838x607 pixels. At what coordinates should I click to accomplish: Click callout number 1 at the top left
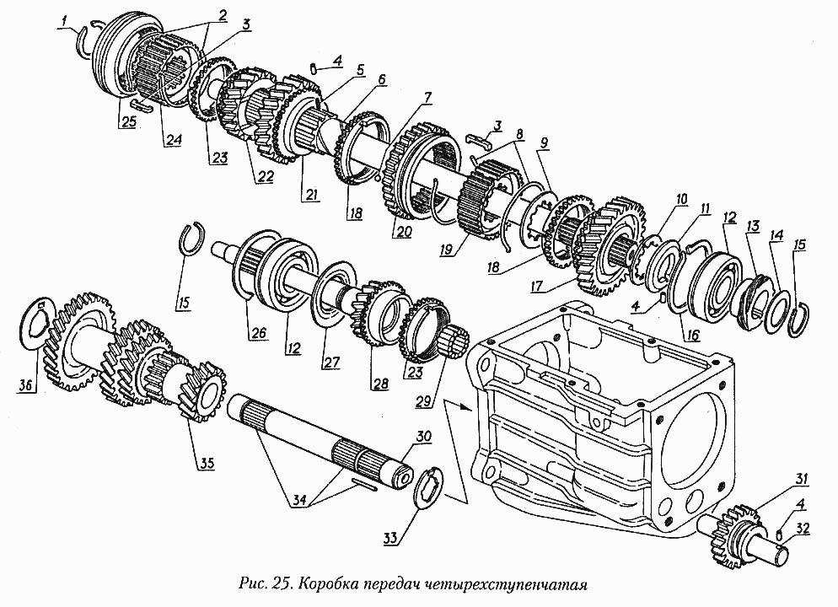click(x=64, y=21)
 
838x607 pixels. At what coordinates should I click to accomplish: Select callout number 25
click(x=128, y=121)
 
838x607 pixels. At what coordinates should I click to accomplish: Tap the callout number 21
click(x=310, y=195)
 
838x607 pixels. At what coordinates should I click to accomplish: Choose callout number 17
click(x=536, y=287)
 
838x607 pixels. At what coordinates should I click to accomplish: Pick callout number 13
click(x=753, y=227)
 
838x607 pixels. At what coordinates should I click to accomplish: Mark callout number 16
click(x=692, y=335)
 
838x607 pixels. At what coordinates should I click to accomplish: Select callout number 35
click(x=207, y=464)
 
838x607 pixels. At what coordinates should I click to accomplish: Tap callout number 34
click(x=300, y=502)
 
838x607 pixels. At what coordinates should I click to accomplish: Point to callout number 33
click(x=390, y=538)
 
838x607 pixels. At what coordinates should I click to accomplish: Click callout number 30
click(x=423, y=437)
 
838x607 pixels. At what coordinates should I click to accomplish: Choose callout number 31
click(x=802, y=479)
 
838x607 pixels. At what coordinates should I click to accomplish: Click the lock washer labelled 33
click(x=427, y=488)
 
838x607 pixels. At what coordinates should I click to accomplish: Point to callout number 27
click(x=330, y=363)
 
